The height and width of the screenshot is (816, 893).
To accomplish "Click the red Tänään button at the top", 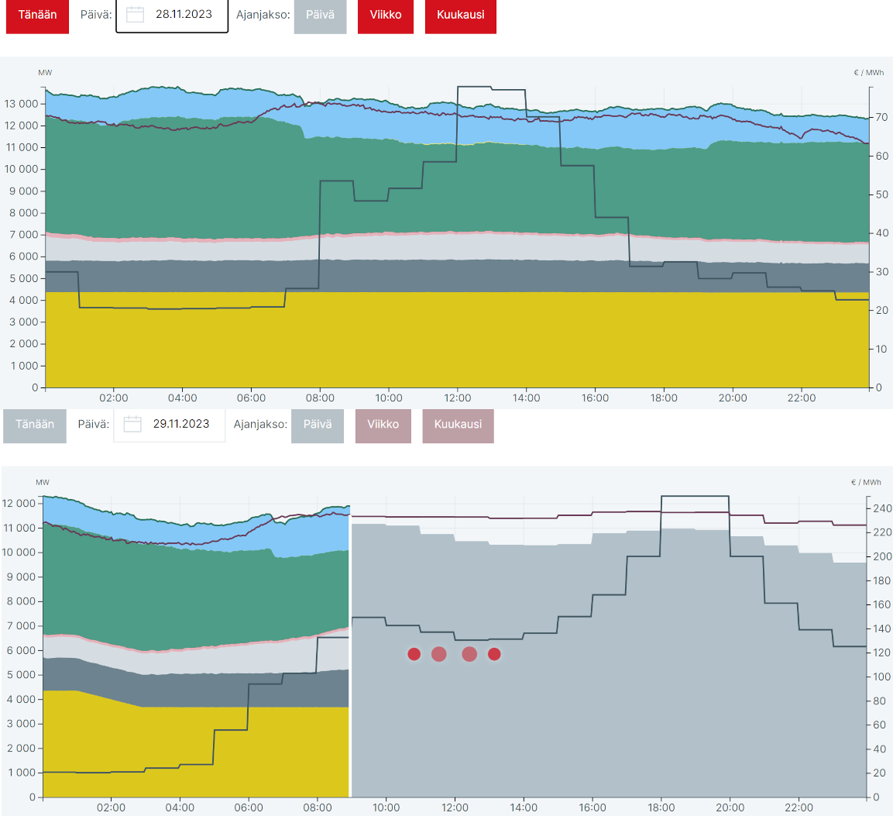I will [x=37, y=15].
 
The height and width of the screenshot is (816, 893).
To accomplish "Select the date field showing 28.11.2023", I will [x=184, y=15].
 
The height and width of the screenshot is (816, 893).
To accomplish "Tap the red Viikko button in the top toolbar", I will [x=386, y=15].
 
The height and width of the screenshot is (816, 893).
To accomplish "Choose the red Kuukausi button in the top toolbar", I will [x=460, y=15].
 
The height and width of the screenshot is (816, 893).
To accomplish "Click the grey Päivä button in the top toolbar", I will [x=320, y=15].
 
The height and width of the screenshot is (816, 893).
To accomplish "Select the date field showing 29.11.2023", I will [x=181, y=424].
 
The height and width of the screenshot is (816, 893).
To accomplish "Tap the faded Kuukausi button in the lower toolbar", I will [x=458, y=424].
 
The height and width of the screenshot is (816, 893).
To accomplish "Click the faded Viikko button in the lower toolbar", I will [x=383, y=424].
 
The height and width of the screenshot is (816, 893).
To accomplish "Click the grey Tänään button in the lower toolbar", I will [x=35, y=424].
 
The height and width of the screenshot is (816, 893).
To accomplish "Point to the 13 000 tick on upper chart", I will [x=22, y=104].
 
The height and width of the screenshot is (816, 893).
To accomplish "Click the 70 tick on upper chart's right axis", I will [x=881, y=118].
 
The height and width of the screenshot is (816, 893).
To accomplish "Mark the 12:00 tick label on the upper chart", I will [x=458, y=398].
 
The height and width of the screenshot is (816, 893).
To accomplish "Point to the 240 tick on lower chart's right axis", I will [x=881, y=508].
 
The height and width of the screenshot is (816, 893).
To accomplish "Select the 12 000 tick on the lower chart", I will [x=19, y=504].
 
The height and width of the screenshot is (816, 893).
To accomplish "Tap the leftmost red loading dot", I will [x=414, y=654].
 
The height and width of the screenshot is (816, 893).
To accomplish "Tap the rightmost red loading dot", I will [x=494, y=654].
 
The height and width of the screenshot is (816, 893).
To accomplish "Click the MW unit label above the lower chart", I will [x=43, y=482].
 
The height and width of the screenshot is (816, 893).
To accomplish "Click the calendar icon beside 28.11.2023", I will [x=135, y=15].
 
